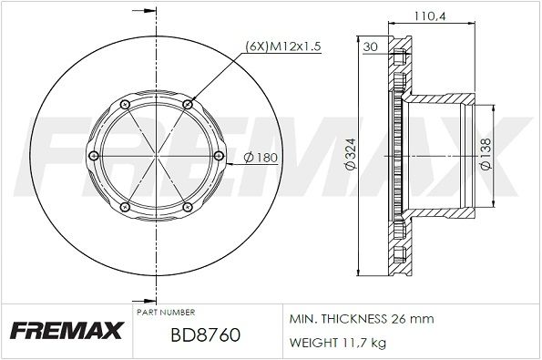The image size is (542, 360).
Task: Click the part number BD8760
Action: click(205, 334)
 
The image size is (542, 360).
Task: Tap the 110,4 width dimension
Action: click(430, 15)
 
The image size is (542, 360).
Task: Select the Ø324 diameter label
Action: click(351, 154)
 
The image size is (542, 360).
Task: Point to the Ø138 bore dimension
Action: click(486, 154)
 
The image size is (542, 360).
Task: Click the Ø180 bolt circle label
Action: click(261, 158)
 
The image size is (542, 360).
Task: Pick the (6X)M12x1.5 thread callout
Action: click(283, 46)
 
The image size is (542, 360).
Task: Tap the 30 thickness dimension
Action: click(370, 46)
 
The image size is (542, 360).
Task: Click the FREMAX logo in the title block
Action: click(66, 330)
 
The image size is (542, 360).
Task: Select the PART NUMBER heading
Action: click(166, 313)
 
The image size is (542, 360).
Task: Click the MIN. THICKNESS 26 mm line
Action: click(362, 318)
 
